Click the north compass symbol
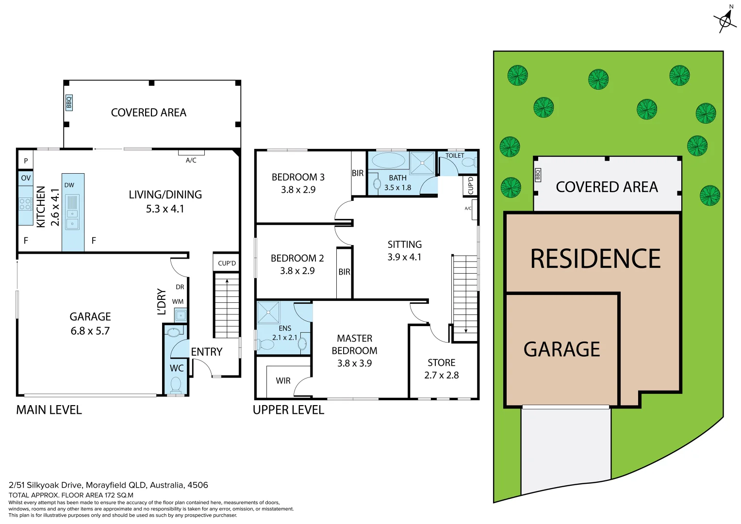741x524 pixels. pyautogui.click(x=725, y=20)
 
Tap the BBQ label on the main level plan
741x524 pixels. pyautogui.click(x=69, y=102)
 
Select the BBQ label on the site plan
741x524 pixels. pyautogui.click(x=538, y=175)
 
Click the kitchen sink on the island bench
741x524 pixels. pyautogui.click(x=72, y=213)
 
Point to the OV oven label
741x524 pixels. pyautogui.click(x=26, y=178)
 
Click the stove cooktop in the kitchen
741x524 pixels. pyautogui.click(x=25, y=204)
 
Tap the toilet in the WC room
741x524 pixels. pyautogui.click(x=176, y=385)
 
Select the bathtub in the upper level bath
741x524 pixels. pyautogui.click(x=388, y=161)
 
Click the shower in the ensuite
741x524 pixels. pyautogui.click(x=268, y=312)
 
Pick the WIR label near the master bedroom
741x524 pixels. pyautogui.click(x=283, y=381)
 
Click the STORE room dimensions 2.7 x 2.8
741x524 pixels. pyautogui.click(x=441, y=375)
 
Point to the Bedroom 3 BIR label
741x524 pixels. pyautogui.click(x=358, y=173)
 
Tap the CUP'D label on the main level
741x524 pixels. pyautogui.click(x=227, y=263)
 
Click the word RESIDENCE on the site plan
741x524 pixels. pyautogui.click(x=595, y=259)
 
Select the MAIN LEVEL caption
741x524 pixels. pyautogui.click(x=49, y=410)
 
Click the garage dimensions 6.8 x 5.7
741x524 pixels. pyautogui.click(x=90, y=331)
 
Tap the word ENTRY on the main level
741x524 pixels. pyautogui.click(x=207, y=352)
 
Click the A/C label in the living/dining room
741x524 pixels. pyautogui.click(x=191, y=160)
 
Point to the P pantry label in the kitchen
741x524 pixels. pyautogui.click(x=26, y=161)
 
